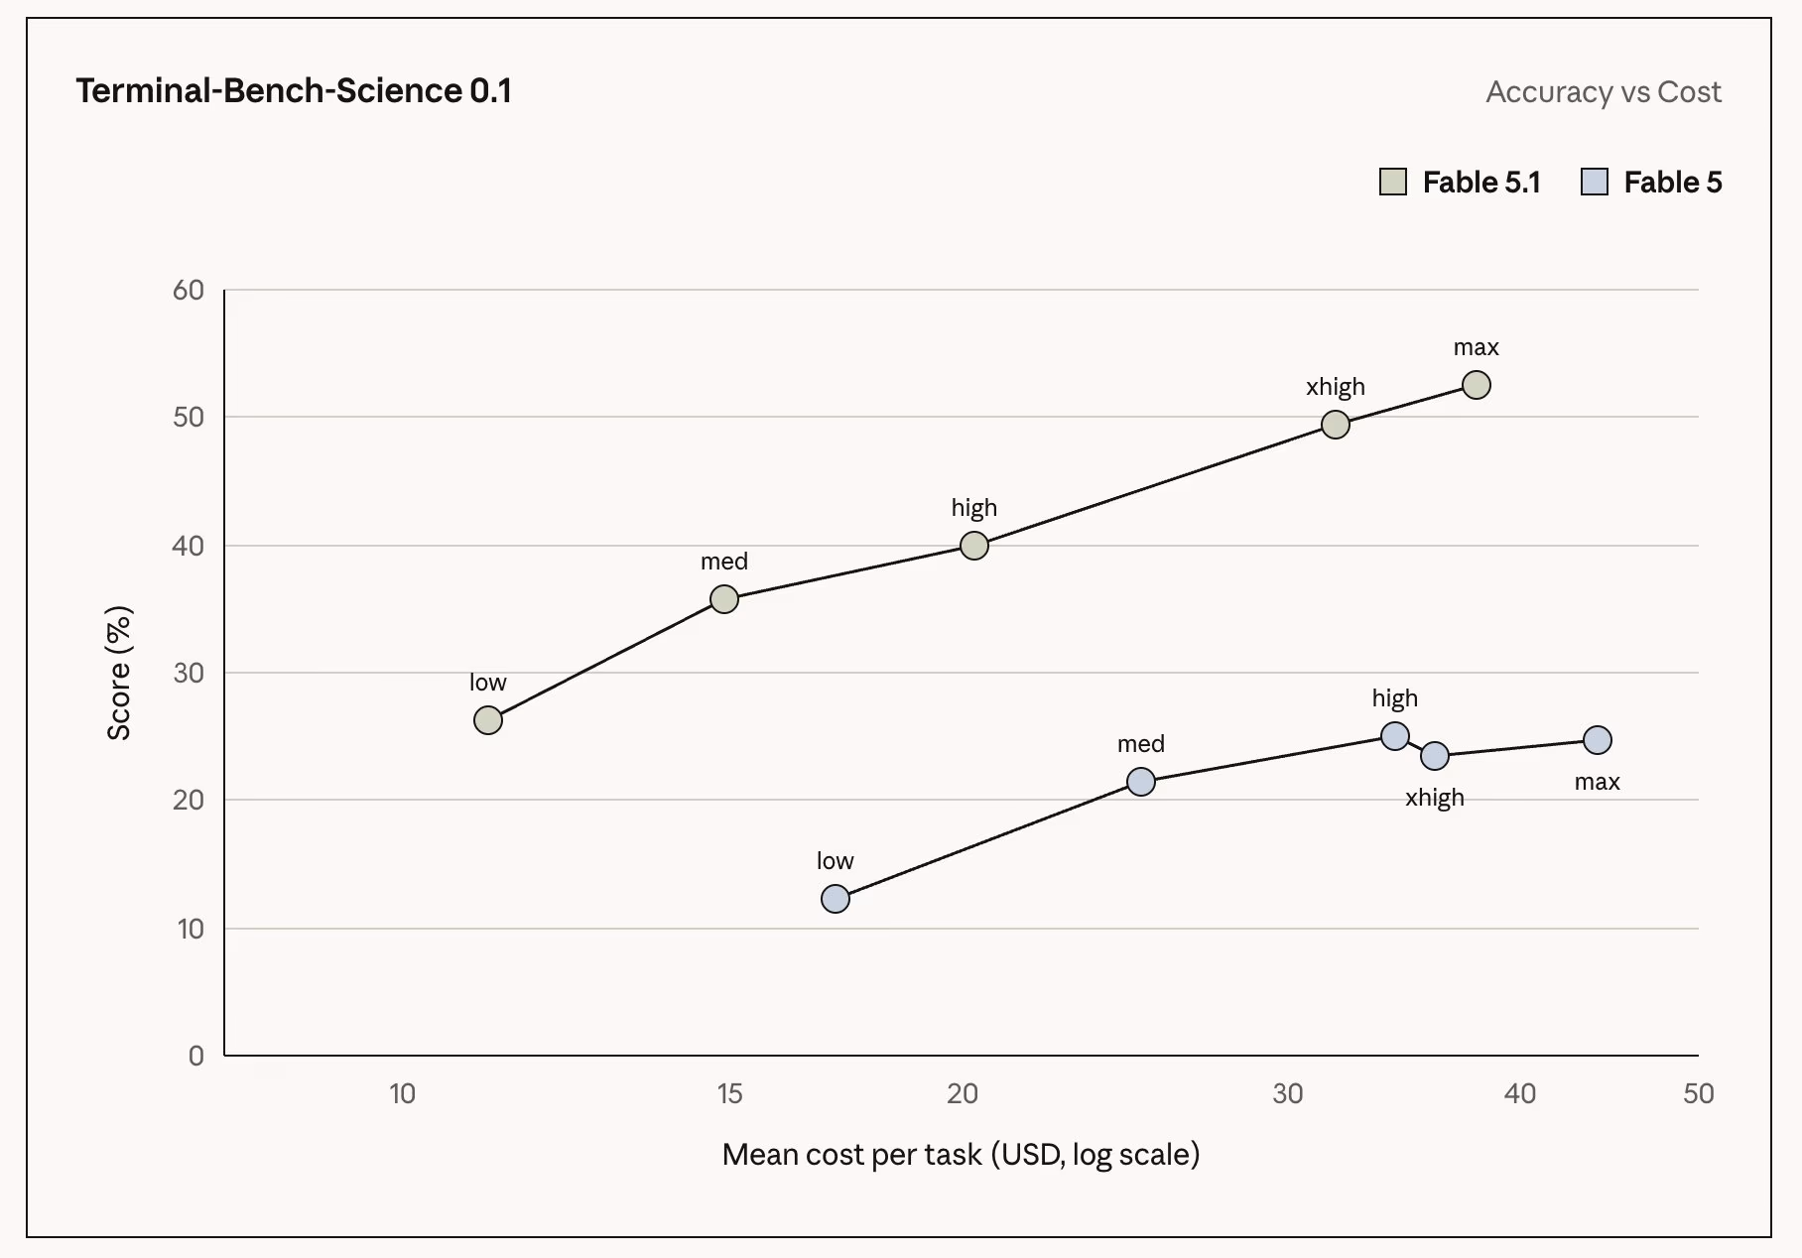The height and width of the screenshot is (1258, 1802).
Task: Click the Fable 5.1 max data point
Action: point(1477,385)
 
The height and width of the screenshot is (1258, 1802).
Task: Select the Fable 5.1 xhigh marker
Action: point(1336,425)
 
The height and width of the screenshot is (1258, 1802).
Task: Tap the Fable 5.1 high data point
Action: point(974,546)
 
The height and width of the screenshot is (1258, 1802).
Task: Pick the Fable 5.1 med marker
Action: point(724,599)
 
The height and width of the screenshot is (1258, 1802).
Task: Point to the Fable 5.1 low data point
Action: point(488,720)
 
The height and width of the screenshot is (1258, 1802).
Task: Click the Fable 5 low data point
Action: point(836,899)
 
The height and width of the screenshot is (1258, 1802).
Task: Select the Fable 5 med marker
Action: point(1141,782)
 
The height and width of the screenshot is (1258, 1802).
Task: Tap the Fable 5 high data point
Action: point(1395,736)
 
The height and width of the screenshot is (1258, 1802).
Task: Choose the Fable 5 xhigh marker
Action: point(1435,756)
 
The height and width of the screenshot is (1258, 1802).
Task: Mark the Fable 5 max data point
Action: point(1598,740)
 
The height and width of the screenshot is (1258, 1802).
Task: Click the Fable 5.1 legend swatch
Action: point(1393,182)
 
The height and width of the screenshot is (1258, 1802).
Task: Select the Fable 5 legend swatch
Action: point(1595,182)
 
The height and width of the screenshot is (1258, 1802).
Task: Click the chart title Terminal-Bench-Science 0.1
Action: point(294,91)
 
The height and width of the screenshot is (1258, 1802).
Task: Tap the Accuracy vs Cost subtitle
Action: point(1604,92)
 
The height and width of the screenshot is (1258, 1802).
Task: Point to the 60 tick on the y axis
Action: point(189,290)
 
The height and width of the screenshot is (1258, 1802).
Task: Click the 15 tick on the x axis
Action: point(729,1093)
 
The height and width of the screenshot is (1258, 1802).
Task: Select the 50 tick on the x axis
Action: point(1699,1093)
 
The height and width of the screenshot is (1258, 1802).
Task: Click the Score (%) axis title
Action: point(119,673)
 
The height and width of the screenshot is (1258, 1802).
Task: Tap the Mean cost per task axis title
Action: point(961,1155)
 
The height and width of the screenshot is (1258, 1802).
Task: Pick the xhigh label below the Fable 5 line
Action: point(1435,798)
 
